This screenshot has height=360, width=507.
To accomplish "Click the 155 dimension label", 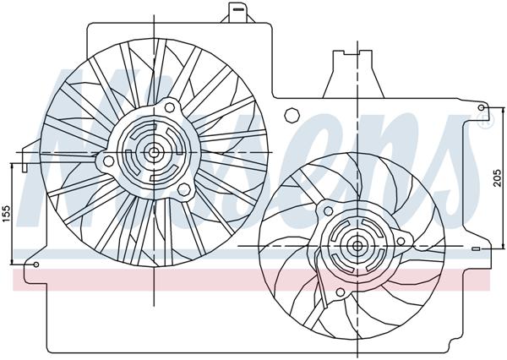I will point(7,214).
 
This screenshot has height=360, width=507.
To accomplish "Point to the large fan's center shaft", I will point(155,152).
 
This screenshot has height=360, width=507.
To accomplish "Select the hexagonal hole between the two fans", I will point(292,112).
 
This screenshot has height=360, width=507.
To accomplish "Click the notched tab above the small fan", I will point(345,63).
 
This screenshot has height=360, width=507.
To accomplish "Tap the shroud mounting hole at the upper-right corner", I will point(482,107).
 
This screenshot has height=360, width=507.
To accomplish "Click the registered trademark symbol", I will point(484,123).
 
